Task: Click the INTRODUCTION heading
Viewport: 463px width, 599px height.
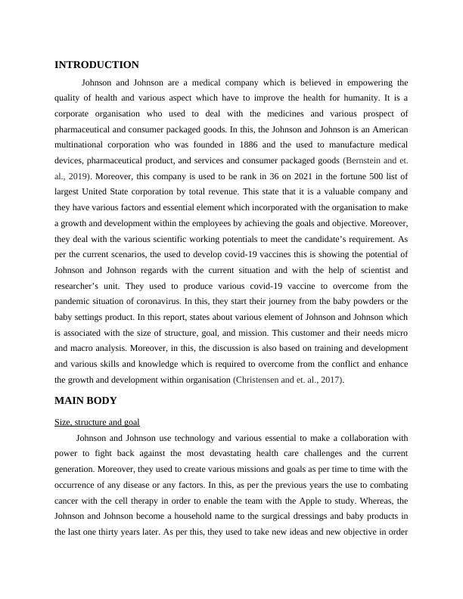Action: coord(96,65)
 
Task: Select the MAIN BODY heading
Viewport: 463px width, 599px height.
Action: coord(85,400)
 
